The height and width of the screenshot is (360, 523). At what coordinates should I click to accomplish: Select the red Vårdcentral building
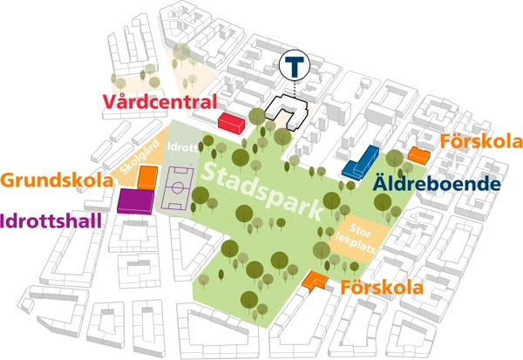(231, 123)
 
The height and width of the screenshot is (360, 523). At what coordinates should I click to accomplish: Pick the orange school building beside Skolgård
(148, 179)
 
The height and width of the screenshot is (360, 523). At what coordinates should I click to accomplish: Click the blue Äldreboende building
(359, 163)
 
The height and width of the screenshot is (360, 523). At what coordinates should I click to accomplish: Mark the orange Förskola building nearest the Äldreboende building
(419, 155)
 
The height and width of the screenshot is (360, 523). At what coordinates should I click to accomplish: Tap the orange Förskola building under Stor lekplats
(314, 280)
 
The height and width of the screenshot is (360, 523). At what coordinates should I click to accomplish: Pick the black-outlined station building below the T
(289, 112)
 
